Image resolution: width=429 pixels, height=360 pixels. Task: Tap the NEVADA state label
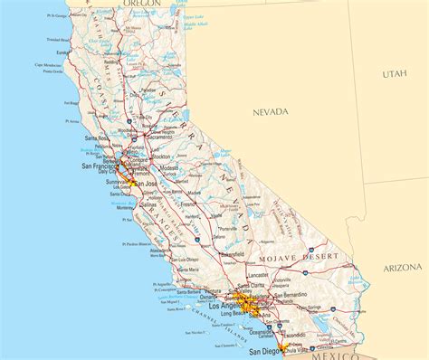pos(269,111)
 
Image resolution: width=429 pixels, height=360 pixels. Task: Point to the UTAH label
pos(395,72)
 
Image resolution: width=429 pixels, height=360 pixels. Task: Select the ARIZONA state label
pos(402,268)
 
